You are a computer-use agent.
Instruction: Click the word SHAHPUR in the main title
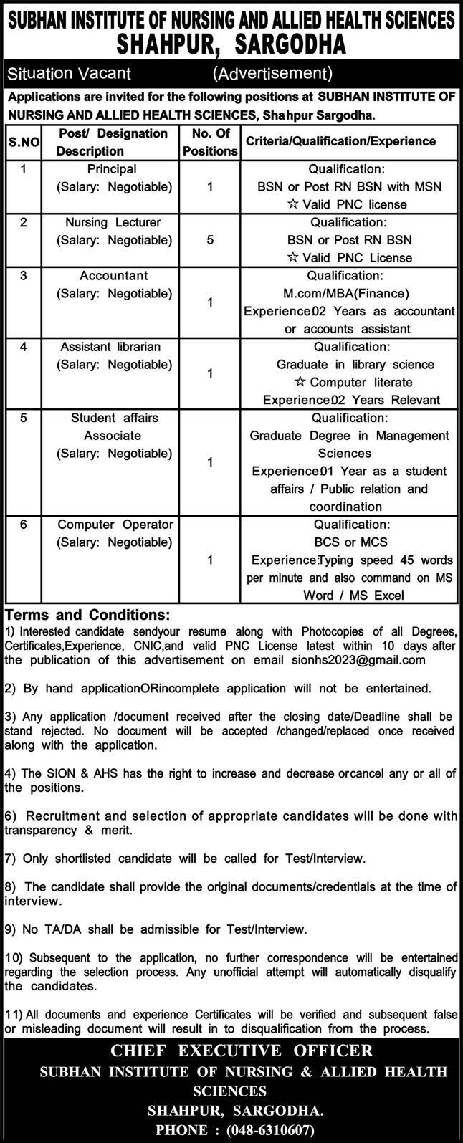tap(170, 45)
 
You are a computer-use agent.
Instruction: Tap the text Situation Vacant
tap(68, 73)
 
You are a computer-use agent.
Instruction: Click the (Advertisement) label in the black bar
tap(272, 73)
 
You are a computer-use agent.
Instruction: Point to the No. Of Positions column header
tap(209, 142)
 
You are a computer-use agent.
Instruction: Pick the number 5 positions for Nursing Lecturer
tap(209, 240)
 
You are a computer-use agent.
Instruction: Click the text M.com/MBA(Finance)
tap(348, 293)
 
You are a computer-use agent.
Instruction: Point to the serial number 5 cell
tap(23, 418)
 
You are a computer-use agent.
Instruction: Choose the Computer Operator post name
tap(115, 525)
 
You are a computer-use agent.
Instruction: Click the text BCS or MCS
tap(347, 542)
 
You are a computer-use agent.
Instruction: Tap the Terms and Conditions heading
tap(87, 615)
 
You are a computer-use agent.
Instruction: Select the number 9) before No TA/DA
tap(11, 929)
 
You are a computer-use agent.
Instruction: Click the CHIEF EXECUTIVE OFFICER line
tap(231, 1051)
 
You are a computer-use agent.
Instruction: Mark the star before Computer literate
tap(301, 382)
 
